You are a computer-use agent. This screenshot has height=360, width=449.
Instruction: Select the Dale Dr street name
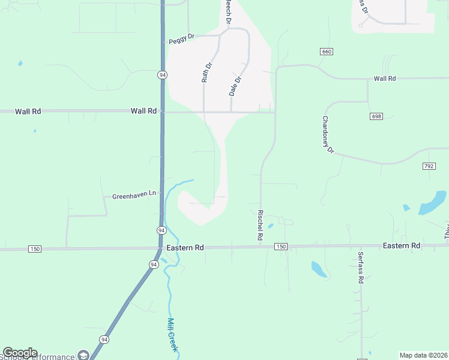(235, 86)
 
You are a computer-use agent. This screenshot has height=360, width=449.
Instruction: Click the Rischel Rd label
(260, 225)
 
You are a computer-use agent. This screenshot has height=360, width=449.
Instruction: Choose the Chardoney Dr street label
(328, 134)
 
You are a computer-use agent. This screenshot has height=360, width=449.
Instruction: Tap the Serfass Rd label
(361, 267)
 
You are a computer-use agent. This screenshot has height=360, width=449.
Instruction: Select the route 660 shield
(327, 52)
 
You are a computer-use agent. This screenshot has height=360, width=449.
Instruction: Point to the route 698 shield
(376, 116)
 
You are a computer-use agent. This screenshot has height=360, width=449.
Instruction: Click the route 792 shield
(429, 166)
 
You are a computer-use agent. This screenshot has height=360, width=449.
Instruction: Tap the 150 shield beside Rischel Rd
(281, 247)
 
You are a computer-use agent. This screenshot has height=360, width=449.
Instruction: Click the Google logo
(20, 353)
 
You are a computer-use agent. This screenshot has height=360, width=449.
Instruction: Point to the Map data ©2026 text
(423, 355)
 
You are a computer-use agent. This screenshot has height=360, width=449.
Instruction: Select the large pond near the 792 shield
(433, 203)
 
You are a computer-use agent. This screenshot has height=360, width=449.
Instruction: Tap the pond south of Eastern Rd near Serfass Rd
(319, 269)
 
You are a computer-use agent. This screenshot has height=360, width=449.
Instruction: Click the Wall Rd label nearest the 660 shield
(384, 79)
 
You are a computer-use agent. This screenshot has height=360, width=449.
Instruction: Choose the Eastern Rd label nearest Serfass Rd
(401, 246)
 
